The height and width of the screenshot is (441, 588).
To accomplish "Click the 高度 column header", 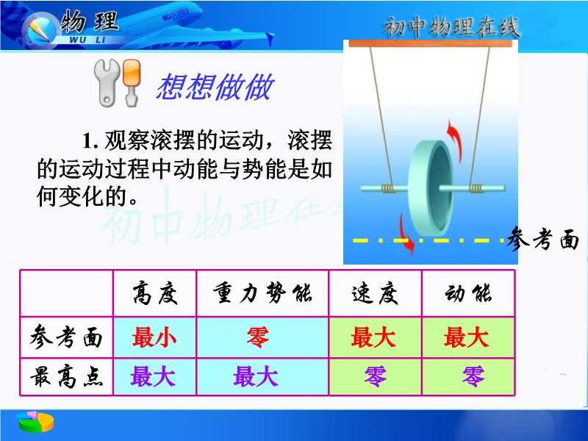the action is pos(155,293).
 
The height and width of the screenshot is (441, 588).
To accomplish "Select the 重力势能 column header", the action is pos(262,293).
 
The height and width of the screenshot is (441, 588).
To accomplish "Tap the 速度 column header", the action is pos(375,293).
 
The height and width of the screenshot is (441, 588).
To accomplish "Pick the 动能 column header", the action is pos(468,293).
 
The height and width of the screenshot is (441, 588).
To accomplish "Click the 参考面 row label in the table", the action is pos(66,337).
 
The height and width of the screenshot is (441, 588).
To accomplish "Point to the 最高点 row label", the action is pos(66,376).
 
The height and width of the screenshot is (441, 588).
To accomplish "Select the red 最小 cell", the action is pos(154,337).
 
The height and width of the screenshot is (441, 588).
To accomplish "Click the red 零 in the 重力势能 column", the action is pos(258,337).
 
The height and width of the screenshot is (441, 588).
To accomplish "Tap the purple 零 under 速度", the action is pos(375,376).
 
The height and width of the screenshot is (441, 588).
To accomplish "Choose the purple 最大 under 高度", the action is pos(153,376).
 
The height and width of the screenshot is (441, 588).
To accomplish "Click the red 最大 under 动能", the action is pos(466,337).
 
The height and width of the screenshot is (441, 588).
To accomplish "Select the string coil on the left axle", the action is pos(388,187).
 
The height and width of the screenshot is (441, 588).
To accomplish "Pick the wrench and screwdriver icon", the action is pos(118,82).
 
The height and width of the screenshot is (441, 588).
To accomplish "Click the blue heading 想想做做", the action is pos(215,87).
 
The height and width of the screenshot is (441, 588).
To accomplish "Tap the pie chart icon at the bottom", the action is pos(35,421).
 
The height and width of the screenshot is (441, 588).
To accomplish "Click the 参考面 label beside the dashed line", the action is pos(542,239).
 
